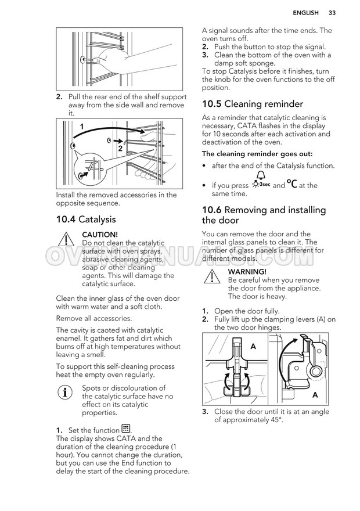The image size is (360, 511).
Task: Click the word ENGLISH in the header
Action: click(305, 13)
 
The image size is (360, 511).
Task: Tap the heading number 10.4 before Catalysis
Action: click(66, 219)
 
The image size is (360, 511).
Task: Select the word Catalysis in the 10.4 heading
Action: click(97, 219)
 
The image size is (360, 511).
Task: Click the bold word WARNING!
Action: click(247, 271)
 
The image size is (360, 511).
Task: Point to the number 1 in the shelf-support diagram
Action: click(82, 126)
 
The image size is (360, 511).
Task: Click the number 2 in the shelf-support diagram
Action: click(120, 149)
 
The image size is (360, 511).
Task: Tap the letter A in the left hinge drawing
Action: click(253, 346)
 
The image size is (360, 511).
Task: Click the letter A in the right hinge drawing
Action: click(315, 395)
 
